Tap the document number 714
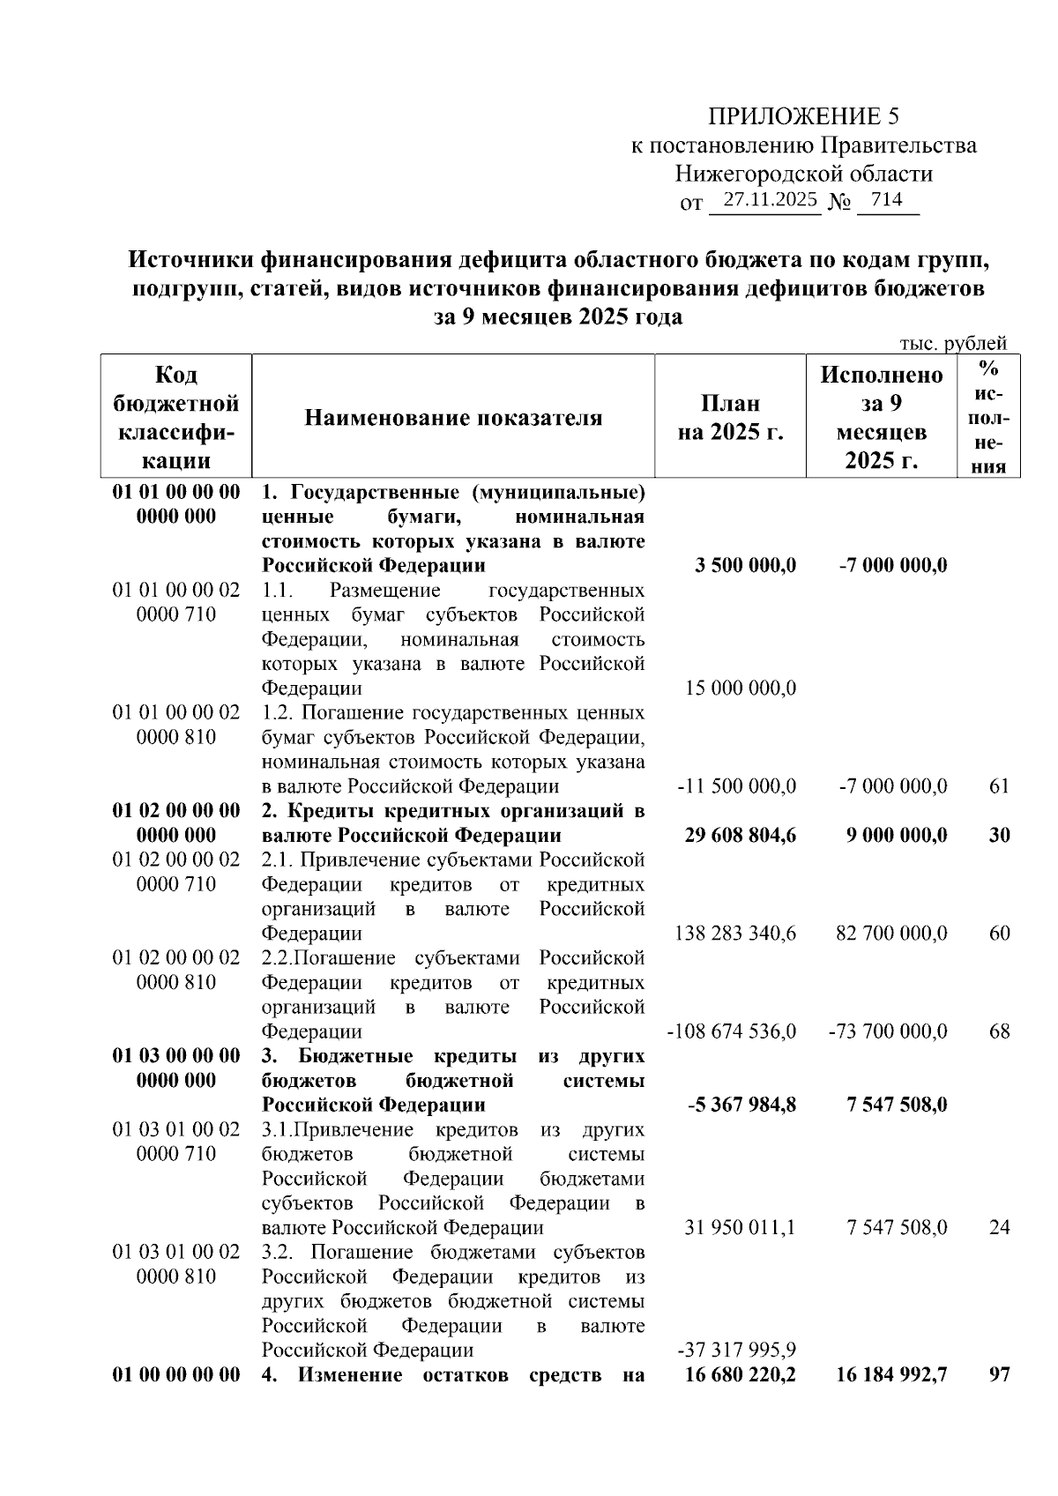click(x=886, y=200)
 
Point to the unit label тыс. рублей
click(x=952, y=344)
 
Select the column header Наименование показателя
click(x=453, y=418)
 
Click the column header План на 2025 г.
click(x=730, y=418)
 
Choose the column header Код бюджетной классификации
click(x=176, y=418)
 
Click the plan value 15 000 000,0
click(x=741, y=688)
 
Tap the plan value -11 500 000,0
click(x=737, y=785)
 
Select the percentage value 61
click(x=998, y=785)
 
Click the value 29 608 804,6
click(x=741, y=835)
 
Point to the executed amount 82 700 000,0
click(x=891, y=933)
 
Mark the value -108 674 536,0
click(x=732, y=1031)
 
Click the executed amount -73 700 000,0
click(x=888, y=1031)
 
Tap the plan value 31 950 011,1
click(x=741, y=1227)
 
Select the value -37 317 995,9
click(x=737, y=1350)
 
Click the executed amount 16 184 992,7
click(x=891, y=1374)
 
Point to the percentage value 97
click(x=998, y=1374)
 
